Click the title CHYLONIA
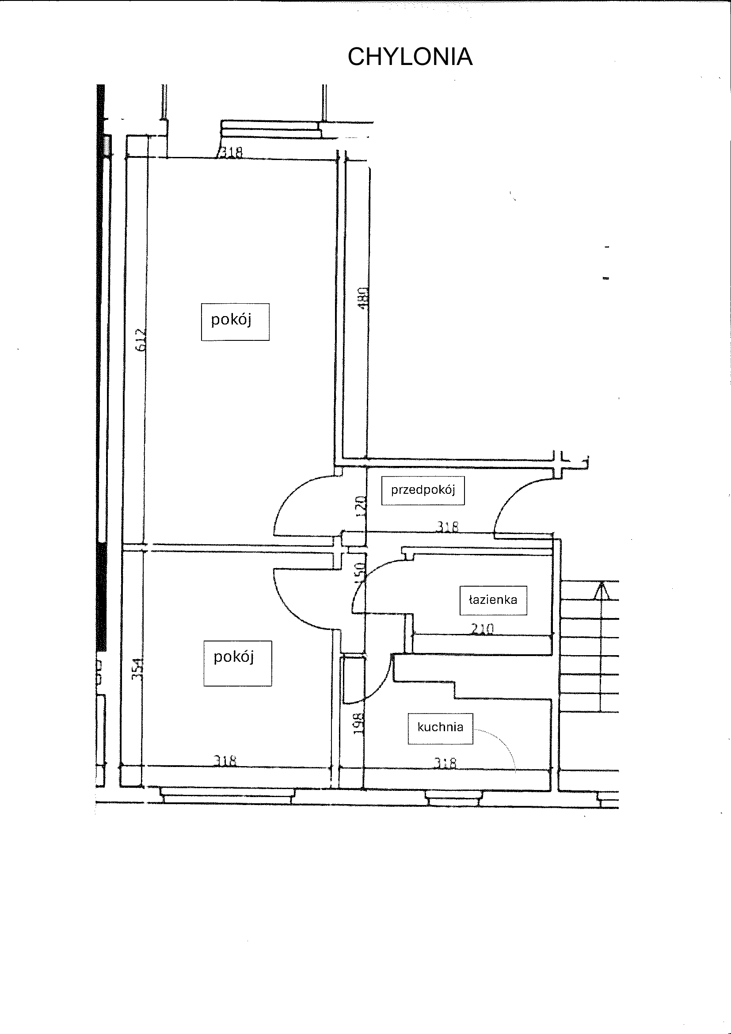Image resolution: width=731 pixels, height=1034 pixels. (x=410, y=57)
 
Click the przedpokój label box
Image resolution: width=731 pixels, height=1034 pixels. (x=423, y=490)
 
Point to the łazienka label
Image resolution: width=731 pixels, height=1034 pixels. (x=493, y=600)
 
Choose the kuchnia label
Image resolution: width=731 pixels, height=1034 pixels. (x=440, y=727)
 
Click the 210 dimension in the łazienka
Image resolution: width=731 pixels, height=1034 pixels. (x=482, y=629)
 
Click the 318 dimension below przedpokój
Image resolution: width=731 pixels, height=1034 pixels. (x=447, y=527)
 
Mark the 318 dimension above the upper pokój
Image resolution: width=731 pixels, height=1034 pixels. (x=230, y=153)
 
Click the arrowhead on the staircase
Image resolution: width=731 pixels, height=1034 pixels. (x=602, y=590)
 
